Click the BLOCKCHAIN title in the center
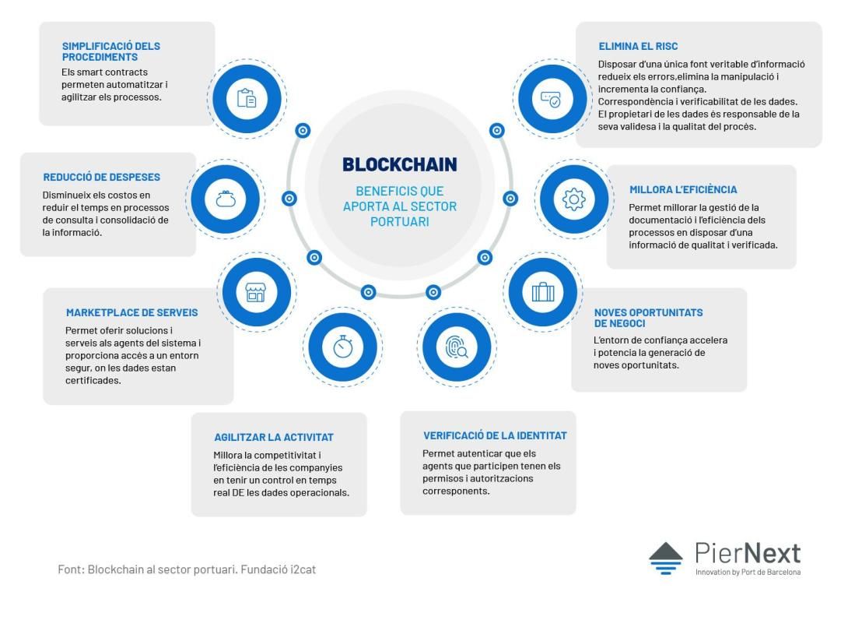[400, 164]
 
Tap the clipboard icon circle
[247, 99]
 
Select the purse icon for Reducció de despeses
[226, 199]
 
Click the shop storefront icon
[256, 292]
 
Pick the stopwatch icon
[343, 347]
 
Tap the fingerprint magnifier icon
[457, 347]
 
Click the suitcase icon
[543, 292]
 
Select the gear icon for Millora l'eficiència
[574, 199]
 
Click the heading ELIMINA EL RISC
[638, 47]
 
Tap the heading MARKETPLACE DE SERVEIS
[132, 313]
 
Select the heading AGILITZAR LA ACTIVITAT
[274, 438]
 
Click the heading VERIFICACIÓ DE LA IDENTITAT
[495, 436]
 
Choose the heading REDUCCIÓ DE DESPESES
[102, 178]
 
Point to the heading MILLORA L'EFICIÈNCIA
[683, 190]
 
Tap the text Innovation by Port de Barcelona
[748, 572]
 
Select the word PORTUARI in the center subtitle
[400, 221]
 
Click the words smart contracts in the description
[113, 72]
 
